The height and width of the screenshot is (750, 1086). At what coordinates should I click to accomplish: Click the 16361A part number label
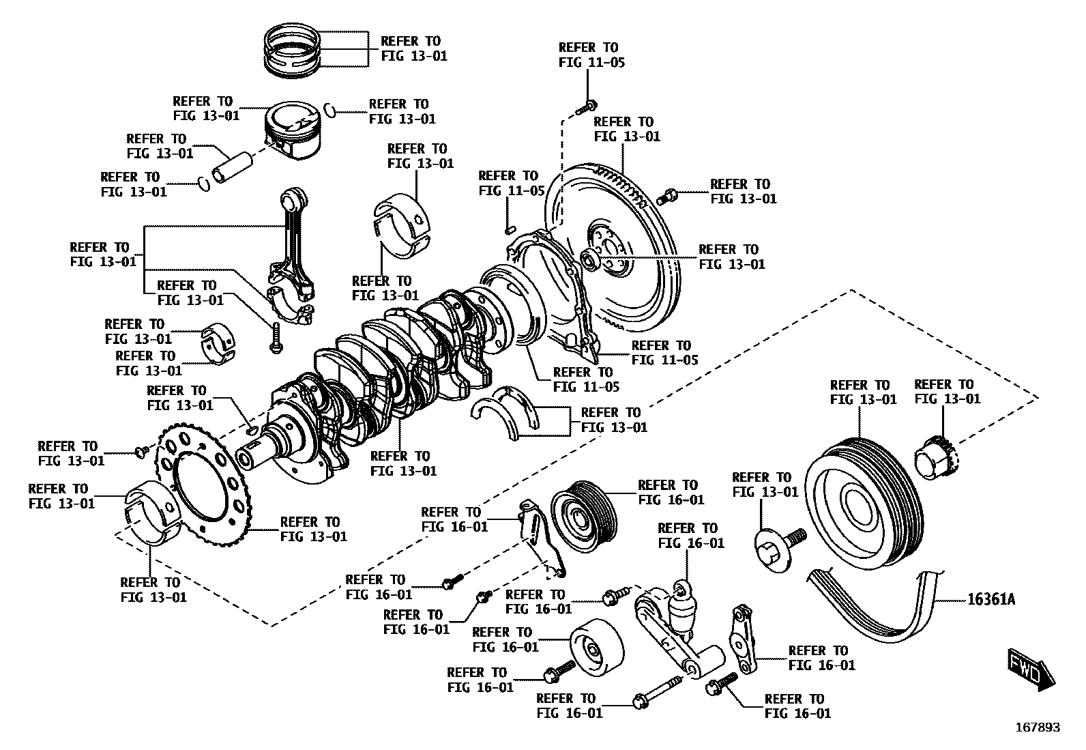[991, 600]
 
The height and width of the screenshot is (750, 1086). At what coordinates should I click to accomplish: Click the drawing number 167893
[1037, 727]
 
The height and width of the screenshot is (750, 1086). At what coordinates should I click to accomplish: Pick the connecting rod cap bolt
[274, 338]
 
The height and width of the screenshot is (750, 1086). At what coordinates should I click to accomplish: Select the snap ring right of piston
[330, 109]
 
